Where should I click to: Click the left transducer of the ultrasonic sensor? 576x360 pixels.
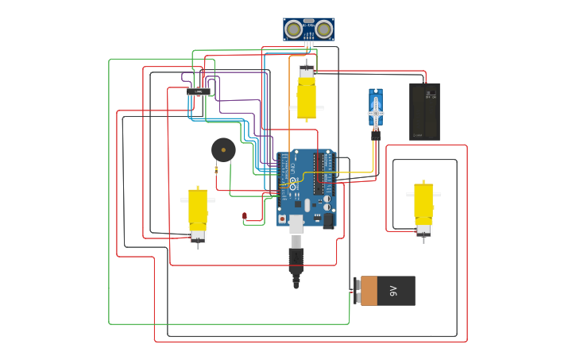pos(293,29)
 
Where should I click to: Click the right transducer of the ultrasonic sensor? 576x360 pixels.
pos(324,29)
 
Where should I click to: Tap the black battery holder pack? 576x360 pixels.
pos(424,112)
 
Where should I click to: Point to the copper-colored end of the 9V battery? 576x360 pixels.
pos(369,291)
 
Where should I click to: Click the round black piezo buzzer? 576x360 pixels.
pos(223,149)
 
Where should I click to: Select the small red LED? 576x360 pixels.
pos(245,215)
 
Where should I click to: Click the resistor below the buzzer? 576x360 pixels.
pos(216,169)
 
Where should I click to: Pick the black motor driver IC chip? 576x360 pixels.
pos(199,91)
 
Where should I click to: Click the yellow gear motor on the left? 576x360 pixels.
pos(198,210)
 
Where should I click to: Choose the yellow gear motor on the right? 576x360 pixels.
pos(423,204)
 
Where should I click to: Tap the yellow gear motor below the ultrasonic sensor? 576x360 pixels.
pos(307,99)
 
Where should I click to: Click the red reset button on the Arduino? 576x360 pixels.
pos(282,219)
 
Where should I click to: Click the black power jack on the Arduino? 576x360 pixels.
pos(327,220)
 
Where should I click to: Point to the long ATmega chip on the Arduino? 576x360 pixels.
pos(319,173)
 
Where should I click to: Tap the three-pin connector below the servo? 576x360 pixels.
pos(376,135)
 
